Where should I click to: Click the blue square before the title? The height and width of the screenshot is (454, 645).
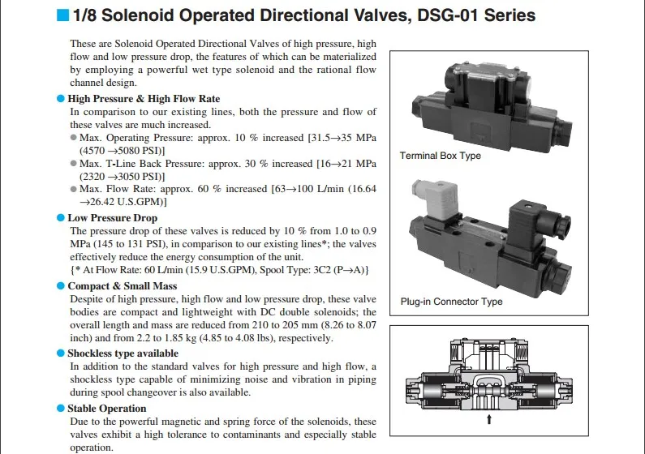point(62,15)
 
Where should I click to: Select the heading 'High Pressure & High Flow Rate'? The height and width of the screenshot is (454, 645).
point(144,99)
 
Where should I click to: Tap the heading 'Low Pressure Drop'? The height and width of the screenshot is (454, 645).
point(112,218)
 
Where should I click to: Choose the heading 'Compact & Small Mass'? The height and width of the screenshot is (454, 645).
point(122,286)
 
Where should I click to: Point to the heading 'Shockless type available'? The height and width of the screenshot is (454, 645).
point(123,353)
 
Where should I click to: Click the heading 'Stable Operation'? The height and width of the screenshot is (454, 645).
point(106,409)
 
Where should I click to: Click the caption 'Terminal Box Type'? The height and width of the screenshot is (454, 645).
point(440,156)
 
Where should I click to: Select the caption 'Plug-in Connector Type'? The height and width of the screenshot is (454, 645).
point(451,302)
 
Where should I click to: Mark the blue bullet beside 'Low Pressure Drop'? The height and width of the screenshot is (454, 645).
point(60,218)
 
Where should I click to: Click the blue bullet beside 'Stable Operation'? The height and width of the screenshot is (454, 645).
point(60,409)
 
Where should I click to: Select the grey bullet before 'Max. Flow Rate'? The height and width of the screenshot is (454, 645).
point(74,189)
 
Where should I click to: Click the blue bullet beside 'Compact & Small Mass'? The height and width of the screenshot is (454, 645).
point(60,286)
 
